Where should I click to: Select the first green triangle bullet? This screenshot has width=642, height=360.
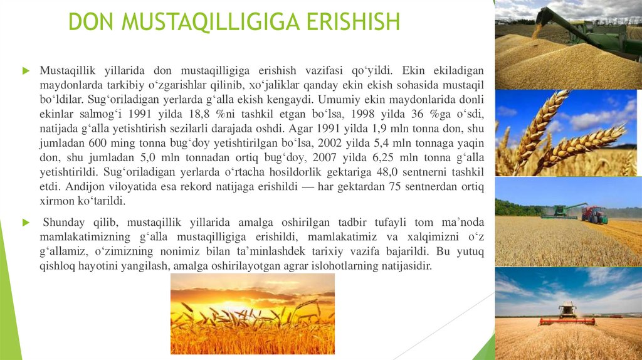[x=26, y=71]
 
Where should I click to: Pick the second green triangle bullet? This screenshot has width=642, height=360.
[x=26, y=223]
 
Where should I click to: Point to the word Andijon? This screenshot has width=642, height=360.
[x=86, y=187]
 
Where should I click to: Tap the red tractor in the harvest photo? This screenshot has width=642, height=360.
[x=594, y=214]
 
